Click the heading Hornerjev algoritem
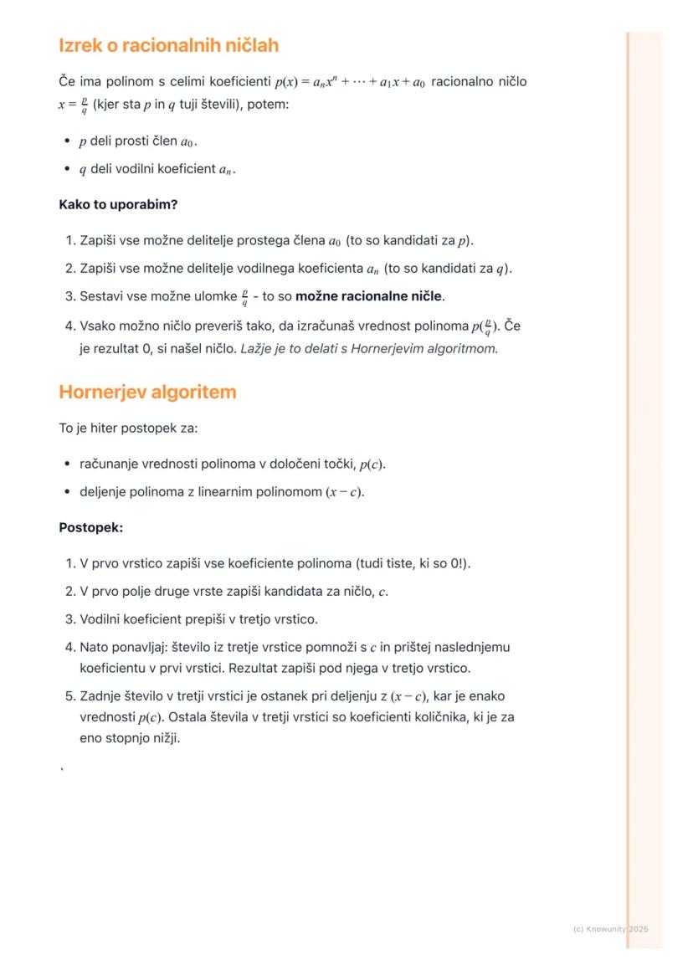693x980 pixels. pyautogui.click(x=147, y=392)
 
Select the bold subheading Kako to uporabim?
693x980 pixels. pyautogui.click(x=118, y=204)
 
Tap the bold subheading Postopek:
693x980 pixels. pyautogui.click(x=91, y=527)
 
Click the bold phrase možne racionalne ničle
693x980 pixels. pyautogui.click(x=368, y=296)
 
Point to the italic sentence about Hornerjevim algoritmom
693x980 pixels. pyautogui.click(x=369, y=348)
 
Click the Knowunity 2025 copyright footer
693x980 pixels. pyautogui.click(x=610, y=929)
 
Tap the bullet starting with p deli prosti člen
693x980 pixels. pyautogui.click(x=138, y=142)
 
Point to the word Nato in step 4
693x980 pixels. pyautogui.click(x=94, y=647)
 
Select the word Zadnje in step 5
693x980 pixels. pyautogui.click(x=101, y=696)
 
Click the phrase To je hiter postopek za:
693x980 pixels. pyautogui.click(x=127, y=428)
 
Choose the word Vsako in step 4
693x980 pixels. pyautogui.click(x=98, y=326)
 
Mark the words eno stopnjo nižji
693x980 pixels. pyautogui.click(x=130, y=738)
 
